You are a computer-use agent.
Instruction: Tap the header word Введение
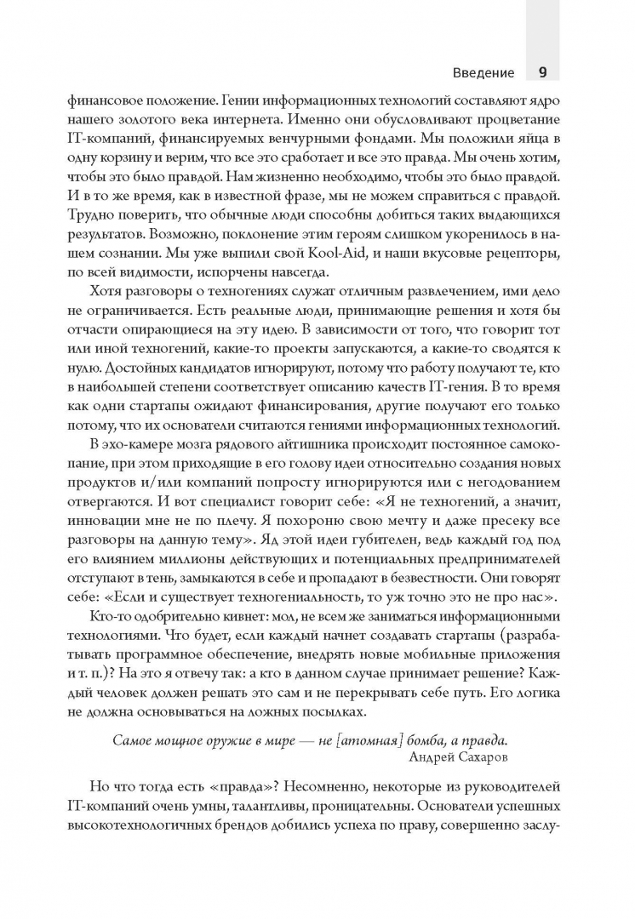tap(484, 72)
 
